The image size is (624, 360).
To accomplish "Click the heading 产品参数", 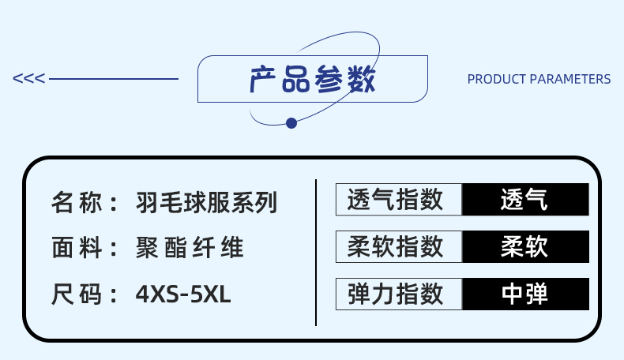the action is pos(312,79).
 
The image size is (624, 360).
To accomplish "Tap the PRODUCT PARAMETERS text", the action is pos(539,79).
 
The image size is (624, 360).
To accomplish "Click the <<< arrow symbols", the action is pos(29,79).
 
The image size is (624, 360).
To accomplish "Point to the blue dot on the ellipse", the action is pos(291,122).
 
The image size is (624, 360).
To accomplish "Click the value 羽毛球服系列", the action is pos(207,203).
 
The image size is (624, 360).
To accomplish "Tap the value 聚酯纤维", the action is pos(190,249).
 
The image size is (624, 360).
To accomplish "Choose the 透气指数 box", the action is pos(399,200).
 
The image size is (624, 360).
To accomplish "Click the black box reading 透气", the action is pos(525,200).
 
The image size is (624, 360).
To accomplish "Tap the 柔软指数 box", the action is pos(399,247).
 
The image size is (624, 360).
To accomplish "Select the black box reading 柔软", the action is pos(525,247).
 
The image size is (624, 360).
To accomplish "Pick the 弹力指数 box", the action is pos(399,294).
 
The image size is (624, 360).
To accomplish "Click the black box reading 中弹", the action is pos(525,294).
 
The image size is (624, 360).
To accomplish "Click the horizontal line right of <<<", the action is pos(114,79).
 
